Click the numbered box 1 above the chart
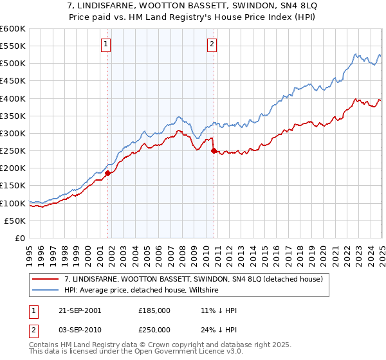coord(106,44)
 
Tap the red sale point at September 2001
coord(108,173)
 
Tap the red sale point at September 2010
coord(213,150)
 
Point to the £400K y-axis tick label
coord(13,98)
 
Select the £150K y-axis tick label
coord(13,186)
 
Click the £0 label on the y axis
coord(19,238)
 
